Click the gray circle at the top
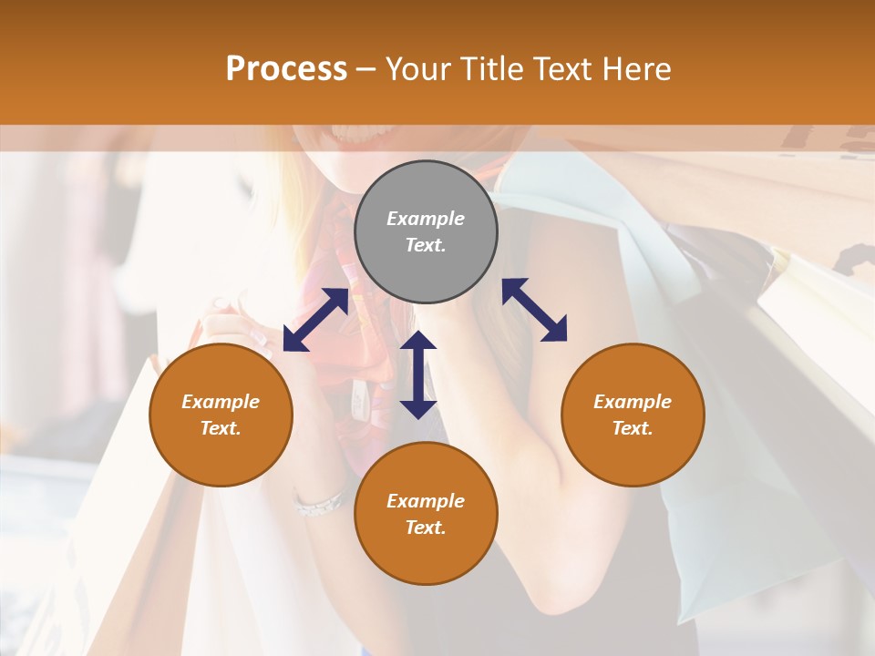[426, 232]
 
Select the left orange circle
[221, 415]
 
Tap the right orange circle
[633, 415]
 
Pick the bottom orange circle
[426, 514]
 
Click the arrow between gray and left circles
[315, 320]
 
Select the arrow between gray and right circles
[534, 310]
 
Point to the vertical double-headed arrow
[418, 374]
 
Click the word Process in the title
[286, 68]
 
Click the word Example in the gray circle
[426, 219]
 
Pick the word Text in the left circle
[221, 428]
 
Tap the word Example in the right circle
[633, 402]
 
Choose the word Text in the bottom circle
[426, 528]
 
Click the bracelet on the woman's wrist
[318, 504]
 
